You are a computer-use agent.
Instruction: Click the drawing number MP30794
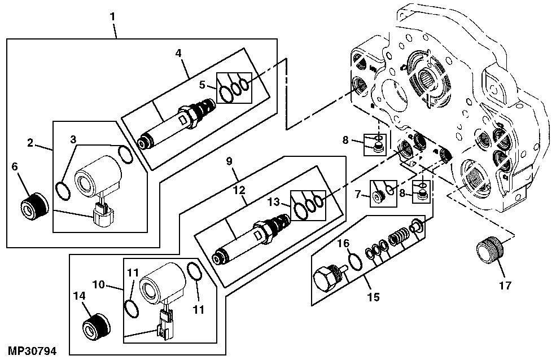(32, 351)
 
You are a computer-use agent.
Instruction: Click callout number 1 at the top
(112, 17)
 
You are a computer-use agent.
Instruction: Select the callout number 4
(178, 53)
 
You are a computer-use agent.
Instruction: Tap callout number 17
(505, 286)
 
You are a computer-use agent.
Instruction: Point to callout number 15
(373, 297)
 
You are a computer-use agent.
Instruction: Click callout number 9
(229, 161)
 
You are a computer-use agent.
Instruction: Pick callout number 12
(239, 190)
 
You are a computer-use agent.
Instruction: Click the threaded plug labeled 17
(490, 251)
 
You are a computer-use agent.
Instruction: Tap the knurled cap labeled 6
(35, 206)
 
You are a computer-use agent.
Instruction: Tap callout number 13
(273, 203)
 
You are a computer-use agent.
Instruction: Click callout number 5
(202, 85)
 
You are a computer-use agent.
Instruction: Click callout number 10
(99, 284)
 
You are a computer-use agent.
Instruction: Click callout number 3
(73, 139)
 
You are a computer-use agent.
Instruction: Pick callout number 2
(30, 143)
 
